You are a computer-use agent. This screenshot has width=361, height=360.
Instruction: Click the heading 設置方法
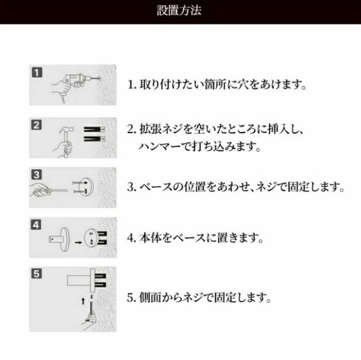coord(179,11)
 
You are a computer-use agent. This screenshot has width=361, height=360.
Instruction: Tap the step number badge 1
coord(37,72)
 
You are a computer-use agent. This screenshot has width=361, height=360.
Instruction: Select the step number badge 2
coord(37,125)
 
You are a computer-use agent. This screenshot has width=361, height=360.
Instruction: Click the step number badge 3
coord(37,175)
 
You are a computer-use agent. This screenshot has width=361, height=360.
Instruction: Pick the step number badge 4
coord(36,224)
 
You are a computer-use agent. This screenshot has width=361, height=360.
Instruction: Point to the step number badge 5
coord(37,274)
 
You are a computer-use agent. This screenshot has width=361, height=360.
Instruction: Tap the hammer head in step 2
coord(66,130)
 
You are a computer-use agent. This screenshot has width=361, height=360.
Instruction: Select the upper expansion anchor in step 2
coord(94,130)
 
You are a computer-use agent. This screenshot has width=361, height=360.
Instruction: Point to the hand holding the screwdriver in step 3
coord(40,190)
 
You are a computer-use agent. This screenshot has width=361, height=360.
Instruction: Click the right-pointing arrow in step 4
coord(78,242)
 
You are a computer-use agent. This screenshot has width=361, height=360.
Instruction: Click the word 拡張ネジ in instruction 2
coord(161,129)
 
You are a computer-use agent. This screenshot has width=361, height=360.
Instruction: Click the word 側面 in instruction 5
coord(150,297)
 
